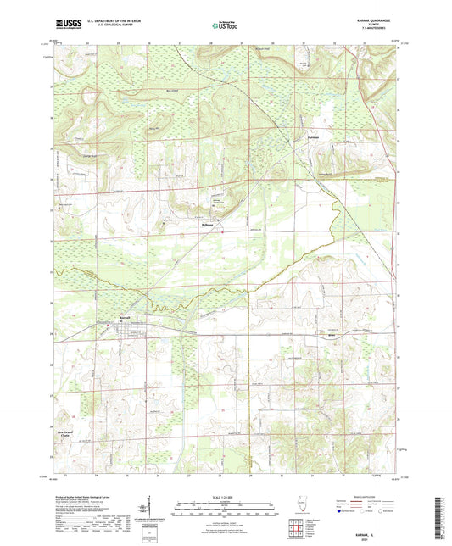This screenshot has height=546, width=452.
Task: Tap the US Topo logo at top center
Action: pos(223,26)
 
